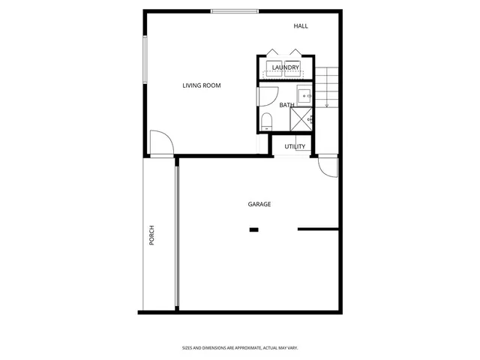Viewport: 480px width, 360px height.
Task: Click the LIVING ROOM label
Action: coord(201,85)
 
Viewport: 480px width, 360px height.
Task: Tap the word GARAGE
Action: coord(259,204)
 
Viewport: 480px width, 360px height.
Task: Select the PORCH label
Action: coord(151,235)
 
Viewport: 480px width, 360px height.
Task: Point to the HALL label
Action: coord(301,26)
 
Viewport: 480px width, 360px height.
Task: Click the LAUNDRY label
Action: coord(286,68)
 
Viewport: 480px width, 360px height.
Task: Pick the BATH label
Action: coord(286,105)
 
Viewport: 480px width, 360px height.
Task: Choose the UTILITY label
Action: coord(295,146)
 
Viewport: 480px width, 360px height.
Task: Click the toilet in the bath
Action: coord(266,121)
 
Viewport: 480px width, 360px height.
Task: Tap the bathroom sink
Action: coord(305,95)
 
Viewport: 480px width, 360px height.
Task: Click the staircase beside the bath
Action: coord(327,86)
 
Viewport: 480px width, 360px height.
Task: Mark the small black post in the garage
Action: coord(253,229)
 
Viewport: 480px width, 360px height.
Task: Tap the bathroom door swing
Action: coord(267,96)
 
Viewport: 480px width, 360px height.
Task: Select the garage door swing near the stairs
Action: coord(328,167)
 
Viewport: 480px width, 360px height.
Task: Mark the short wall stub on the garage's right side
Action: coord(318,229)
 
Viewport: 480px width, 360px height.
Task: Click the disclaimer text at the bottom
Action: coord(240,347)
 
